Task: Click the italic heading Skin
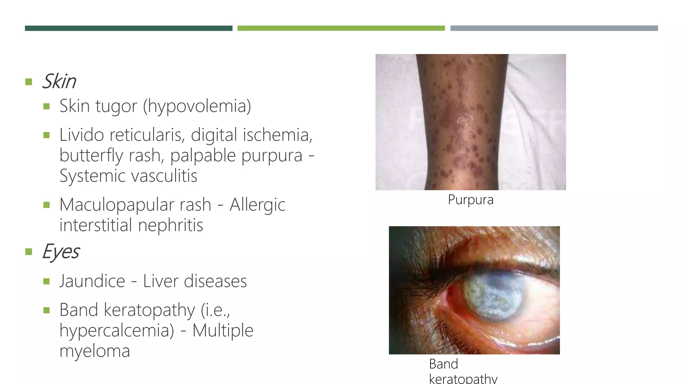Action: click(59, 81)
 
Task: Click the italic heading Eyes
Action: click(61, 251)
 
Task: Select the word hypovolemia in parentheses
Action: click(197, 106)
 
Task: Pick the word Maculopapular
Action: click(135, 205)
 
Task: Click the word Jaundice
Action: click(92, 281)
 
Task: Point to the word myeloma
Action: click(94, 351)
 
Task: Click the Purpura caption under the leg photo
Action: click(471, 200)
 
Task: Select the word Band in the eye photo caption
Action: click(444, 364)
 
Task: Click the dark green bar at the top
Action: click(128, 28)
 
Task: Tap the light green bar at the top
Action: click(341, 28)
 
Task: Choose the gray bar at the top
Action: click(554, 28)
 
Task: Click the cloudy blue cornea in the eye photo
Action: click(492, 295)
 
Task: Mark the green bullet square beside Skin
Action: click(29, 82)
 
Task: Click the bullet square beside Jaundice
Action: click(46, 282)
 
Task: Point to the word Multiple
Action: click(223, 331)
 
